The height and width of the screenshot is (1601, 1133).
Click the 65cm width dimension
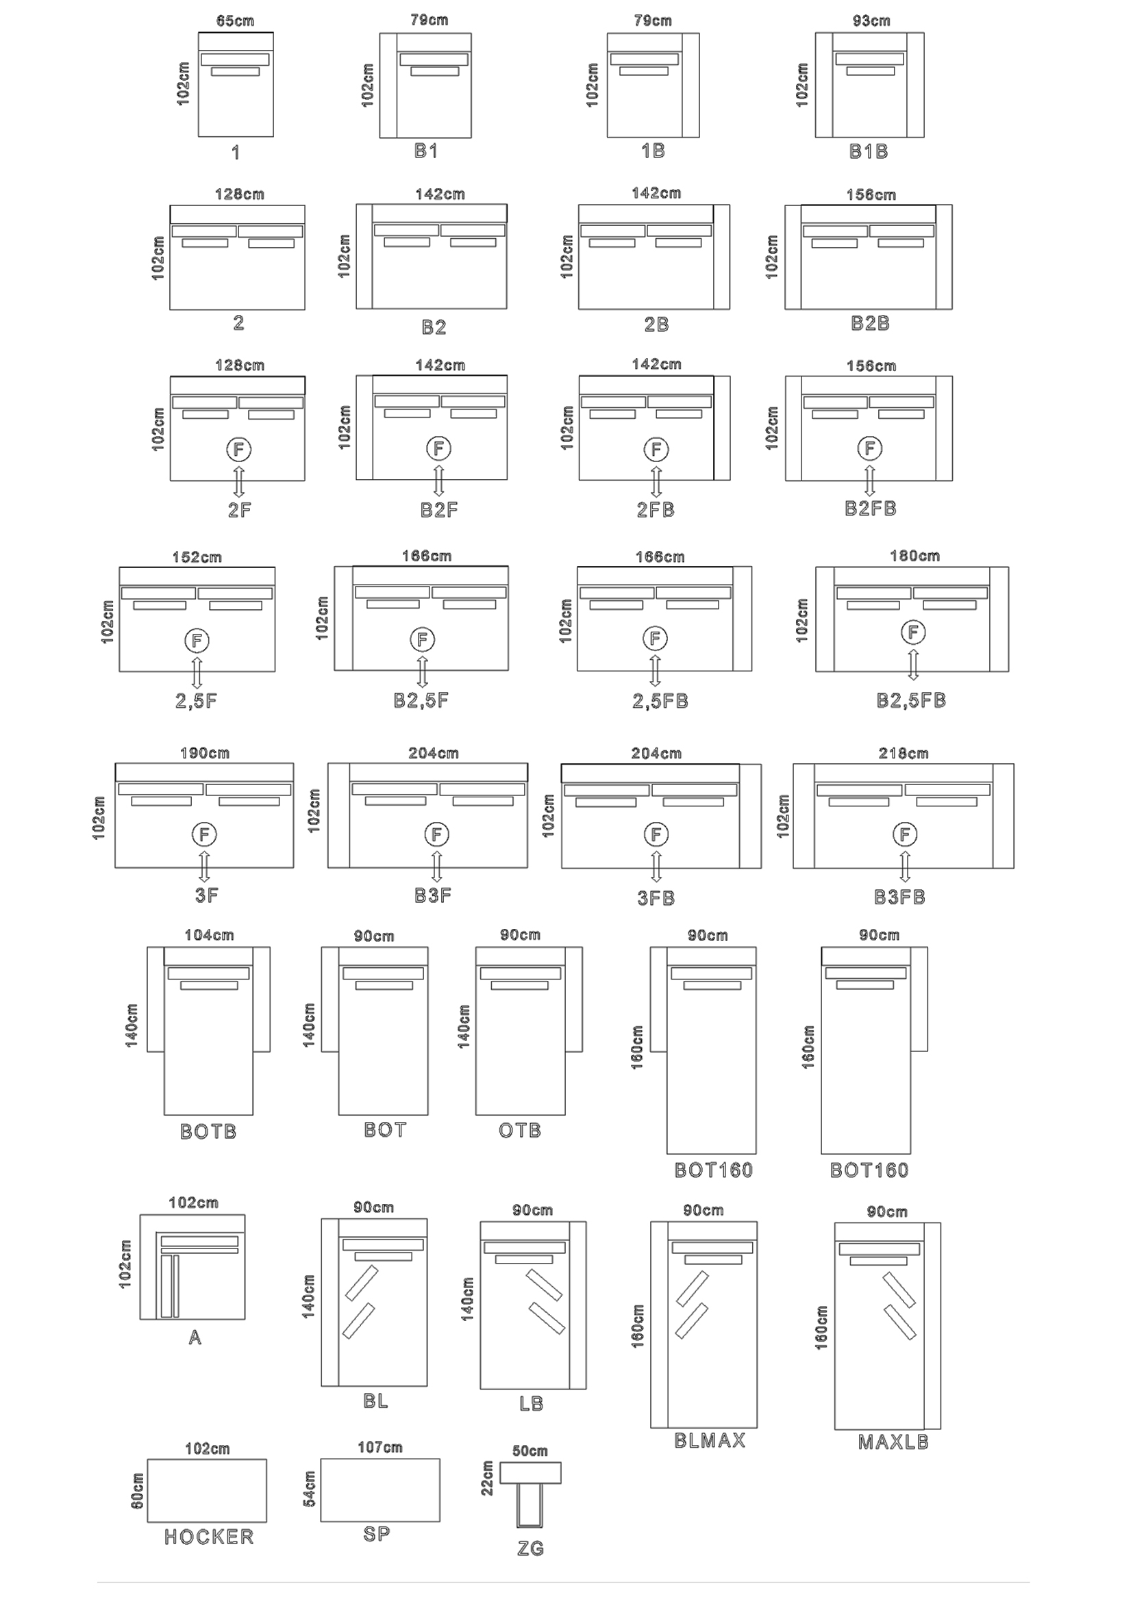235,21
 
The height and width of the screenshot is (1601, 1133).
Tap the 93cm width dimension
871,21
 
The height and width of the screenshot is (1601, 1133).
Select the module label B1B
869,151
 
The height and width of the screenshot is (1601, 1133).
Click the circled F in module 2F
238,450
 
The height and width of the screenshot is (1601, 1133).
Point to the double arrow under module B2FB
869,481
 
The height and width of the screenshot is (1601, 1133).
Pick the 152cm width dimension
197,557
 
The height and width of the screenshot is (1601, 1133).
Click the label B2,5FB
911,700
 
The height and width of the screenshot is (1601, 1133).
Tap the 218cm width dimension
904,753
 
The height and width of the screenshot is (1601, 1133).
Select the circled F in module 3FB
656,834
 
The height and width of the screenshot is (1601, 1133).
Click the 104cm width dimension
210,935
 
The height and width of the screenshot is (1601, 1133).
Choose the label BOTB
208,1131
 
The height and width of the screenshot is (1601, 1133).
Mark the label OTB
520,1130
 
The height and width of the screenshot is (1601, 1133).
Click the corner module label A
195,1337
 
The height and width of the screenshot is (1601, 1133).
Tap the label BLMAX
710,1441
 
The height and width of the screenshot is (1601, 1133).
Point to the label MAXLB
893,1442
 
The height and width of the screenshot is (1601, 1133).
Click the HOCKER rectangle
207,1491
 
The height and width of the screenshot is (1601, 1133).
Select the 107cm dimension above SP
380,1448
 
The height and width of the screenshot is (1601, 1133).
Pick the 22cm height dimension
487,1478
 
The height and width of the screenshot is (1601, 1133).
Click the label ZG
530,1549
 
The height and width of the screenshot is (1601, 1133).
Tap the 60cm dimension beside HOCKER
138,1491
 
